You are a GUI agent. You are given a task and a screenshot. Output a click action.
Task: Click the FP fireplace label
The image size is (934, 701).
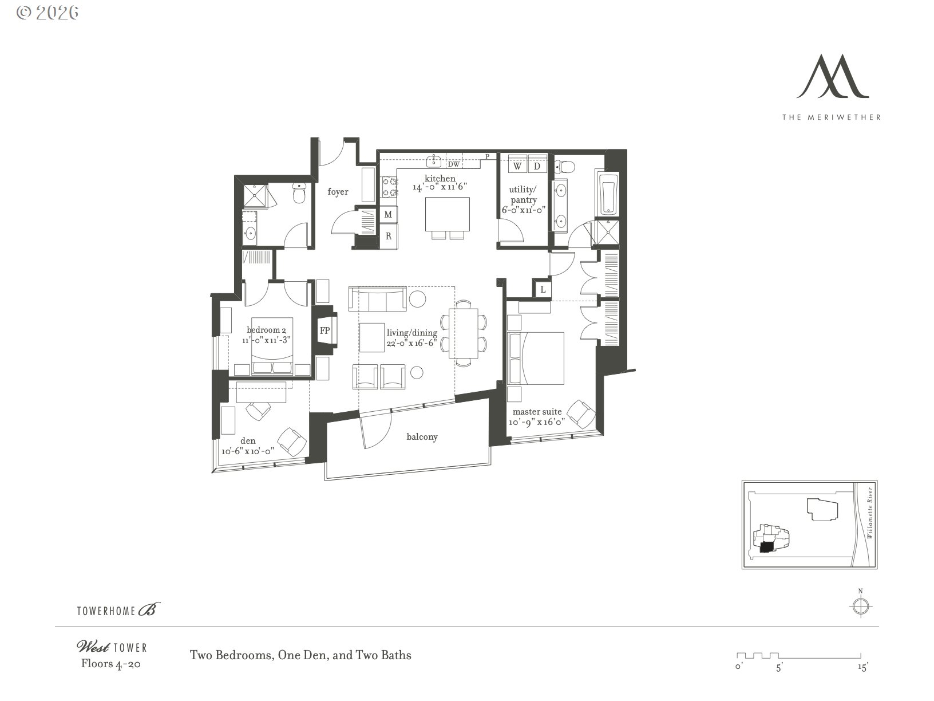tap(324, 331)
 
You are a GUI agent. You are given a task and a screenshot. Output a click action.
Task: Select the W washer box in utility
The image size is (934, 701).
tap(517, 166)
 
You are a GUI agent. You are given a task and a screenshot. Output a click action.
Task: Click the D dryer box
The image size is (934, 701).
tap(537, 166)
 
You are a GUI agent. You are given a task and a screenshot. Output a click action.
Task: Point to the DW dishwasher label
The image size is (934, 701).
tap(453, 164)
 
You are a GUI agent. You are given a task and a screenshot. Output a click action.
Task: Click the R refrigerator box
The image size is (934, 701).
tap(388, 235)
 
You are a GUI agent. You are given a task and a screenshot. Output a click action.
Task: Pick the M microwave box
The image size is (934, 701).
tap(388, 215)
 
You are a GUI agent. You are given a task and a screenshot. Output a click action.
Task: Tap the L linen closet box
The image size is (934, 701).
tap(543, 290)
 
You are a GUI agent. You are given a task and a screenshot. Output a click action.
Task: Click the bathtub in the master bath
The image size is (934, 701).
tap(607, 193)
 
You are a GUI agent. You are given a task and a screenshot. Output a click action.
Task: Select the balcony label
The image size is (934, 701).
tap(422, 437)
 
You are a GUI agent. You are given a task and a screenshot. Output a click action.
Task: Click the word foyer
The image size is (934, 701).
tap(338, 192)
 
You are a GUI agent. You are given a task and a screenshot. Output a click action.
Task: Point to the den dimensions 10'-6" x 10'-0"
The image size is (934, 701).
tap(248, 451)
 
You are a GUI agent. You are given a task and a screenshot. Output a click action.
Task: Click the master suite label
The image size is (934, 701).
tap(537, 412)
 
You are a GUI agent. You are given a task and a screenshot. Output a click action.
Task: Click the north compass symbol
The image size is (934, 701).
tap(860, 606)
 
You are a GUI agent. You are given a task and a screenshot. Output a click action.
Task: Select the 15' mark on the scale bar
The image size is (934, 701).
tap(862, 667)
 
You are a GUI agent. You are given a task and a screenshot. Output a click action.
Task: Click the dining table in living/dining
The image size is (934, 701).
tap(463, 334)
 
